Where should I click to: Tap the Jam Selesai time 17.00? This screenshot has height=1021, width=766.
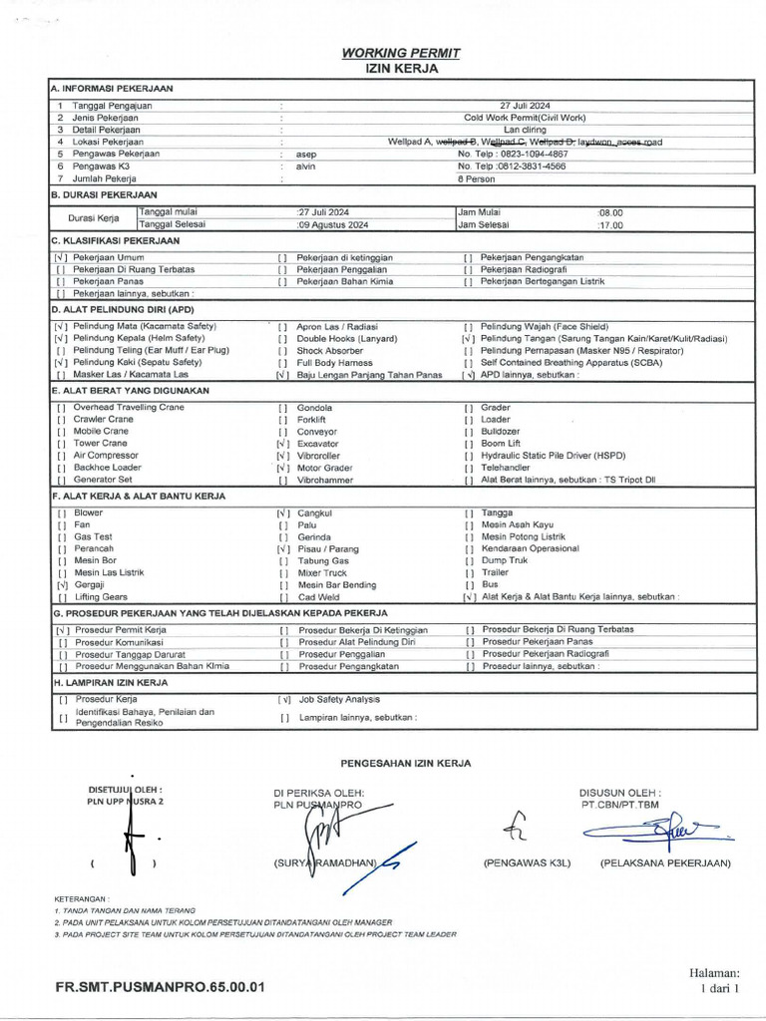click(609, 225)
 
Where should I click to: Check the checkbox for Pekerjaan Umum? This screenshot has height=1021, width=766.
click(61, 258)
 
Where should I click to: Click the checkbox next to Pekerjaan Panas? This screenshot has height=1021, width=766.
click(61, 282)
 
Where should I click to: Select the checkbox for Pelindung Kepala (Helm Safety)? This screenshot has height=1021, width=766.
click(61, 339)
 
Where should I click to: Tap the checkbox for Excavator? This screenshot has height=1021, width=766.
click(283, 444)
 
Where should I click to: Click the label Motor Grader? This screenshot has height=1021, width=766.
click(324, 468)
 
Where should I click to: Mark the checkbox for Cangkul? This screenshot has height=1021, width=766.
click(283, 513)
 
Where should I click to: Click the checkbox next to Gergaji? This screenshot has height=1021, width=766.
click(62, 585)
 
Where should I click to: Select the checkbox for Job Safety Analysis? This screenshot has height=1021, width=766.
click(284, 700)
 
